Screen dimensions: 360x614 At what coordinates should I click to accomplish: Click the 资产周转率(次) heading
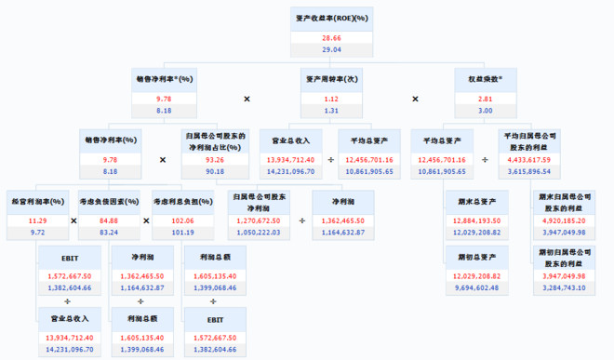331,79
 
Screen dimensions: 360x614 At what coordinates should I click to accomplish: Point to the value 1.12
331,98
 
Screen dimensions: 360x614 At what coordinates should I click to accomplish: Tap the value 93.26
214,159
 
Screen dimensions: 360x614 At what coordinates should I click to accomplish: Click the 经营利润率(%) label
38,200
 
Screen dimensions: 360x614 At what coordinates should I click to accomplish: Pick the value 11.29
38,220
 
